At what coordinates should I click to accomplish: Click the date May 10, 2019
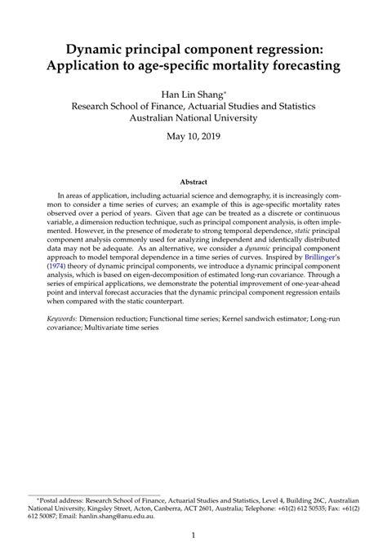193,135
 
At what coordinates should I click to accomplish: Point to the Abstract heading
193,181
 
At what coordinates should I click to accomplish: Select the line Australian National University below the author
193,117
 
